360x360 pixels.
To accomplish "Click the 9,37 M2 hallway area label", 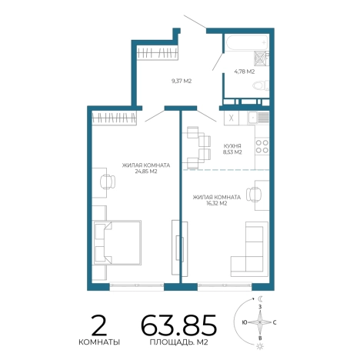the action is pyautogui.click(x=182, y=81).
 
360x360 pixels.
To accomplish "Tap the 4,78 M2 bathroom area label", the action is pyautogui.click(x=244, y=72).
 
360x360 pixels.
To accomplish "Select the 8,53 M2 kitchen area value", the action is pyautogui.click(x=232, y=152).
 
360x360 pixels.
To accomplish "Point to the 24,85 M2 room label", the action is pyautogui.click(x=145, y=172).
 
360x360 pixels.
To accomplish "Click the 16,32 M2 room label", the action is pyautogui.click(x=217, y=203).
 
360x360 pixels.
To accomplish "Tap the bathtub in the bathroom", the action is pyautogui.click(x=247, y=42).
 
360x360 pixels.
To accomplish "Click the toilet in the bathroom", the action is pyautogui.click(x=261, y=85).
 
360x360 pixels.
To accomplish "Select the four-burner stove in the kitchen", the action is pyautogui.click(x=262, y=146).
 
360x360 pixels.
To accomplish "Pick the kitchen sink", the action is pyautogui.click(x=258, y=118).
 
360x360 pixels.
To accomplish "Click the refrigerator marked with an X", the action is pyautogui.click(x=232, y=118).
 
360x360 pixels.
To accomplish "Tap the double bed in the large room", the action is pyautogui.click(x=118, y=242).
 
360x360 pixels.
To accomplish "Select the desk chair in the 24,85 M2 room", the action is pyautogui.click(x=108, y=182).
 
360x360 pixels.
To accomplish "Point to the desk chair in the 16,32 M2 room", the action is pyautogui.click(x=253, y=195).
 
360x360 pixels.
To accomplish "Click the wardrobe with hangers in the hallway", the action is pyautogui.click(x=157, y=53).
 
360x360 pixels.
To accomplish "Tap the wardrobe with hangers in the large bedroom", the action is pyautogui.click(x=114, y=118).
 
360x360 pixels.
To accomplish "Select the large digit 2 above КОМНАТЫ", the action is pyautogui.click(x=99, y=325).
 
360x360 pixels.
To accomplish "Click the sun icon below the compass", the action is pyautogui.click(x=260, y=346).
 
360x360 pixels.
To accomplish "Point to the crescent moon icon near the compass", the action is pyautogui.click(x=261, y=298).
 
